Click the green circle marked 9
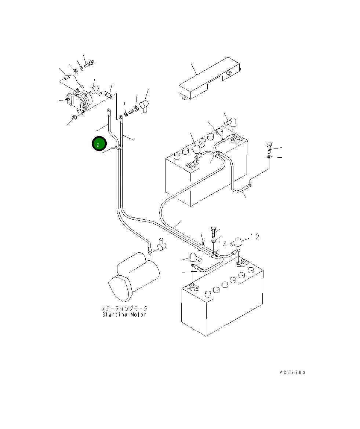point(98,144)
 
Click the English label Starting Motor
point(124,315)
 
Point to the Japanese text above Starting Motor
point(124,308)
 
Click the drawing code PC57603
point(292,372)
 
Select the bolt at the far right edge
point(269,148)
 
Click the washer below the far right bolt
point(269,157)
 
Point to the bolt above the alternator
point(89,65)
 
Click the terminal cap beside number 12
point(237,242)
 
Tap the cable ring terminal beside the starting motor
point(150,252)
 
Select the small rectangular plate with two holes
point(108,95)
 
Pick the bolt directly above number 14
point(214,232)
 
